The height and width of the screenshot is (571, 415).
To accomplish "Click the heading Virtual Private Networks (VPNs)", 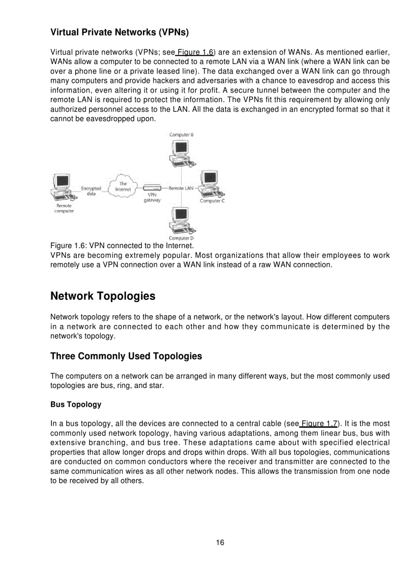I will coord(120,33).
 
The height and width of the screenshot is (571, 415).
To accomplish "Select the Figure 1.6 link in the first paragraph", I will coord(195,52).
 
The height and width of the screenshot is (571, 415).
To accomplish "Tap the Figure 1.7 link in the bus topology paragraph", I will coord(319,424).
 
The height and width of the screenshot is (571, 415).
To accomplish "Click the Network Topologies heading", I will coord(103,296).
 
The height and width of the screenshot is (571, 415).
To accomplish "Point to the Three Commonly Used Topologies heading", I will coord(126,356).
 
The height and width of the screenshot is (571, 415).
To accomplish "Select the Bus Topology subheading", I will coord(76,405).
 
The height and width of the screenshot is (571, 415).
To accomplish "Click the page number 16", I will coord(220,543).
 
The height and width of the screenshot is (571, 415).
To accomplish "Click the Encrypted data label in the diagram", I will coord(92,191).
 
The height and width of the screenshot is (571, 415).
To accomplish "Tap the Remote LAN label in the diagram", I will coord(181,188).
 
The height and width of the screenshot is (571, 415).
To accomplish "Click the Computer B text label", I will coord(181,135).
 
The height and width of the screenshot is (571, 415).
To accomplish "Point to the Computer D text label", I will coord(181,238).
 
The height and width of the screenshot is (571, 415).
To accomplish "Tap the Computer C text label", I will coord(212,201).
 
